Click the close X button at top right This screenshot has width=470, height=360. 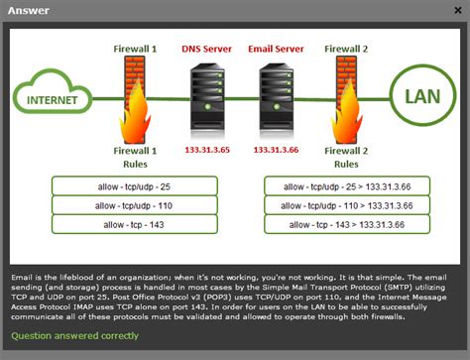457,10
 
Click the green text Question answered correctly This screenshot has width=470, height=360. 75,335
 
